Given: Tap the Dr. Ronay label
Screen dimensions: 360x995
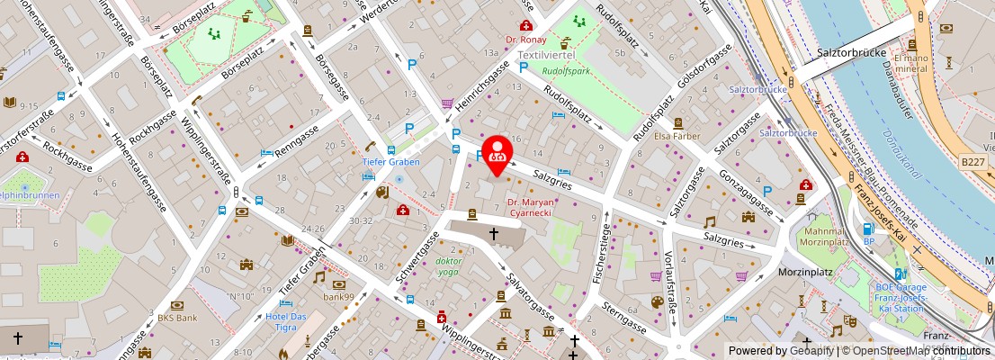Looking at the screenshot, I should tap(526, 40).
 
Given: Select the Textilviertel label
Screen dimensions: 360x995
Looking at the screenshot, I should tap(546, 56).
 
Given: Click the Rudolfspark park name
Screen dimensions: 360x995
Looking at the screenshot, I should tap(567, 72).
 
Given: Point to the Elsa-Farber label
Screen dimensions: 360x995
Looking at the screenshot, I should tap(677, 136).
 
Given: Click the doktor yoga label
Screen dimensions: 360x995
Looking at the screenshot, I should tap(449, 265).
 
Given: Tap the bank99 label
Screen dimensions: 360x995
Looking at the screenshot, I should tap(340, 296).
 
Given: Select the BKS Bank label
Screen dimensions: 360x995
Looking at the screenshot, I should tap(177, 318).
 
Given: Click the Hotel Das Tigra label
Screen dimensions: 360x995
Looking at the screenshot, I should tap(287, 321).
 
